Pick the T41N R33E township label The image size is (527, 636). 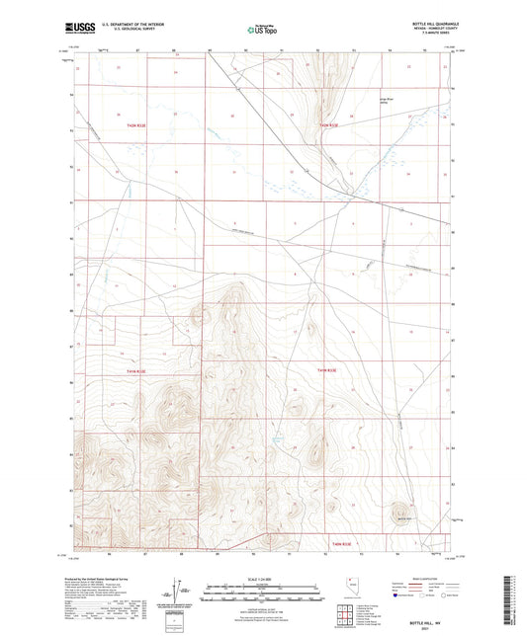click(328, 370)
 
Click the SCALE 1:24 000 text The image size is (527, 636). click(262, 580)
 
